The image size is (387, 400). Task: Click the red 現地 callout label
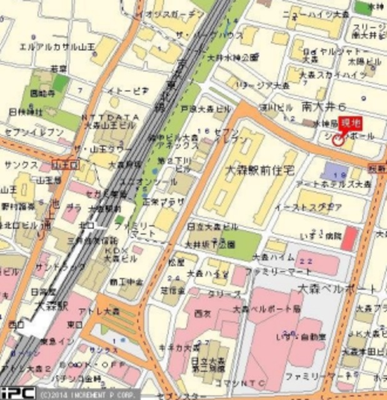[354, 122]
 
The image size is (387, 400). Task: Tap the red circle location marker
[338, 140]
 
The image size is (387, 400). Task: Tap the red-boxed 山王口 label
[64, 164]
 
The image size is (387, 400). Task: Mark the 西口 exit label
[16, 324]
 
